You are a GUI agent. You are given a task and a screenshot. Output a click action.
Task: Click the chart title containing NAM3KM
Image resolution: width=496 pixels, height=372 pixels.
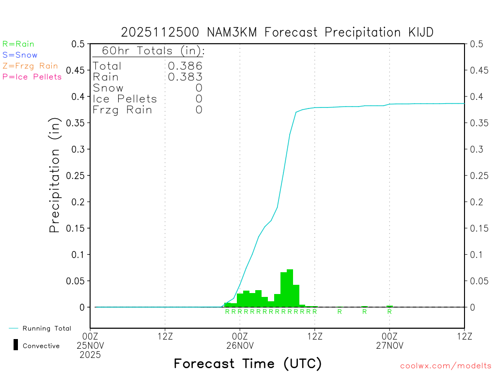(277, 32)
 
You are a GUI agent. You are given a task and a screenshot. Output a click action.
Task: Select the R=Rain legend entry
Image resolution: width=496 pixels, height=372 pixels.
(18, 44)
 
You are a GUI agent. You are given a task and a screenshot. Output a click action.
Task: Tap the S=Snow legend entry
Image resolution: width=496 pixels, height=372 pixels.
(20, 55)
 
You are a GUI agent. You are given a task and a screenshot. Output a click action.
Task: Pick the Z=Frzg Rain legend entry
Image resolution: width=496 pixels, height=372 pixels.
(30, 66)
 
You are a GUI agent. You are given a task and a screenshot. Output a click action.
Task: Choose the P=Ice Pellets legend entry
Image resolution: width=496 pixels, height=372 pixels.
(32, 77)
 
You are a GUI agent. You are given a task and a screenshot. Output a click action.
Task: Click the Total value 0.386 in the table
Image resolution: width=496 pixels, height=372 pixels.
(185, 66)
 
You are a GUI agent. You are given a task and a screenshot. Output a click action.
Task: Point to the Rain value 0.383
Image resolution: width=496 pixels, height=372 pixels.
(185, 77)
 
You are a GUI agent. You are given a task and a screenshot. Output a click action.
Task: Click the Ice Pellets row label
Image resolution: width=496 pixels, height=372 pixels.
(125, 99)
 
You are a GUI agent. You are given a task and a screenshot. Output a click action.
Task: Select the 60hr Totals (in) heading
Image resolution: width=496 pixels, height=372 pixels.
(149, 51)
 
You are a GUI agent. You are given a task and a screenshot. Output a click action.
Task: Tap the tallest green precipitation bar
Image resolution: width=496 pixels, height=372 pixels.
(290, 288)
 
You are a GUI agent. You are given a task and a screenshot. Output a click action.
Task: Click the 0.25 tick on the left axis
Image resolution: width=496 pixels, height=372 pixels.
(77, 175)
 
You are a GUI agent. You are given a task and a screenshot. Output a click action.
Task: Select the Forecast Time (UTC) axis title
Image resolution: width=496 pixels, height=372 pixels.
(248, 363)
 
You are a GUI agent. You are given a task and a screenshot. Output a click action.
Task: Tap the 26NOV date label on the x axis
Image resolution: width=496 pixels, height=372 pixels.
(240, 345)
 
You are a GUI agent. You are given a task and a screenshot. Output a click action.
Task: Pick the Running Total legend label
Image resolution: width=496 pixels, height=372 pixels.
(46, 328)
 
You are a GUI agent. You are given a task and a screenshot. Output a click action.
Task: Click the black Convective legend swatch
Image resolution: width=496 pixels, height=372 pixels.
(16, 345)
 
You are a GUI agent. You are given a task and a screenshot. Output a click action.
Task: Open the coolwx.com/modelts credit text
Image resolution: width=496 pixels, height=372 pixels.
(446, 366)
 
